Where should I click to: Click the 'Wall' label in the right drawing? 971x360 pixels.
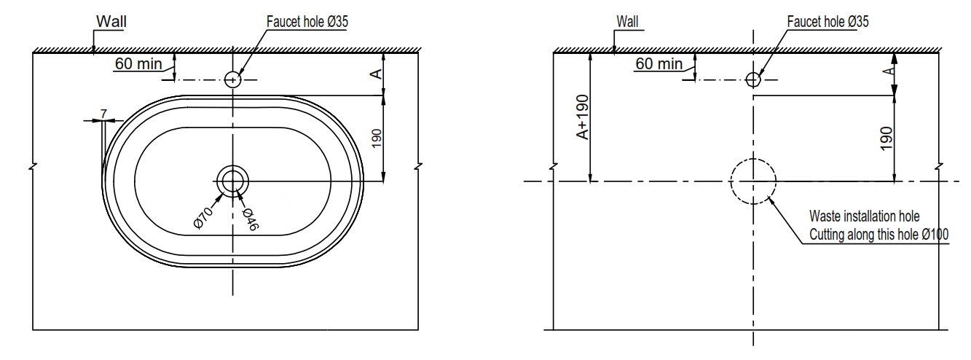coord(626,22)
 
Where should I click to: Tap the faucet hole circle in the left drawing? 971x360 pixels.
coord(232,79)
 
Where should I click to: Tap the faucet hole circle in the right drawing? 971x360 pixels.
coord(753,79)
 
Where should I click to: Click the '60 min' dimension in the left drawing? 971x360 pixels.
coord(138,63)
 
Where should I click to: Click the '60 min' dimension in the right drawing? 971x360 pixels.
coord(659,63)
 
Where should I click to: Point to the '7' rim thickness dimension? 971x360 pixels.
coord(104,114)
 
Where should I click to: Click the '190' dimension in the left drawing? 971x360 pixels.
coord(376,138)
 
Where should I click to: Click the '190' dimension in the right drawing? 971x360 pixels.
coord(887,138)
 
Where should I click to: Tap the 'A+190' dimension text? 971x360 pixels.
coord(582,116)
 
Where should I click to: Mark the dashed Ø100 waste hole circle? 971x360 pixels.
coord(753,181)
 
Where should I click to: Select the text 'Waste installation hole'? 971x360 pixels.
coord(865,216)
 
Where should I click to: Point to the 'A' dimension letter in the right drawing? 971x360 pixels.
coord(887,71)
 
